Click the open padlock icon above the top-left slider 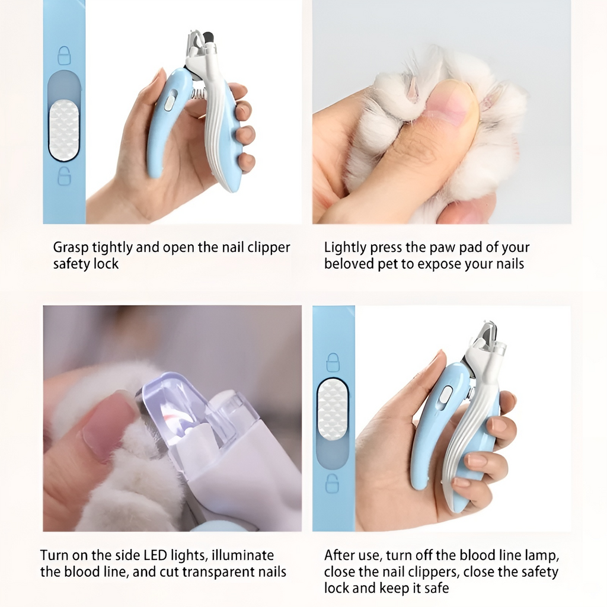tap(64, 56)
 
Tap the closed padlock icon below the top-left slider tap(64, 176)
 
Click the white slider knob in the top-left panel tap(64, 130)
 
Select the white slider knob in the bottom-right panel tap(333, 409)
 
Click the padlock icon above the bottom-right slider tap(333, 362)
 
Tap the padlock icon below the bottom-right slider tap(333, 483)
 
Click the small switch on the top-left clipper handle tap(170, 102)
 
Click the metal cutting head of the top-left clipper tap(199, 44)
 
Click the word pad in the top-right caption tap(466, 248)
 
